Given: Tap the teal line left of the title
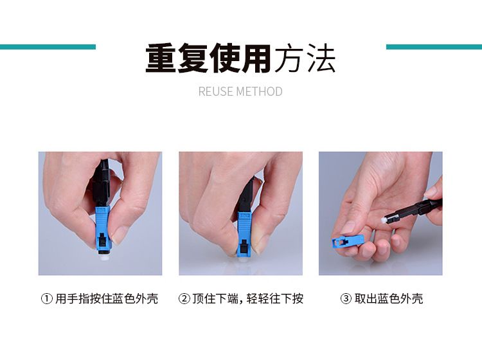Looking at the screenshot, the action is coord(48,47).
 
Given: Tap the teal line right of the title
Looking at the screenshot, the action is coord(434,47).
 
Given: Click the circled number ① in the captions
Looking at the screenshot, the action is coord(47,298).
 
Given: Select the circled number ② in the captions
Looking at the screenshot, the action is coord(184,298).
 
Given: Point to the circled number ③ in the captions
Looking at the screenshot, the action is coord(346,298).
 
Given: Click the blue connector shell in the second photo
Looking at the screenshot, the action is coord(244,233).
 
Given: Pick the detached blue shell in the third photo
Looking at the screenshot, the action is coord(348,241).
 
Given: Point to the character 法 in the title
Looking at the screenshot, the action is coord(321,59).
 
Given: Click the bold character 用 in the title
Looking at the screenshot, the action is coord(256,59).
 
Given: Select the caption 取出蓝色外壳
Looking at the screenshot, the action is coord(389,298).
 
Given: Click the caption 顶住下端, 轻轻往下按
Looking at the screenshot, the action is coord(248,298).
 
